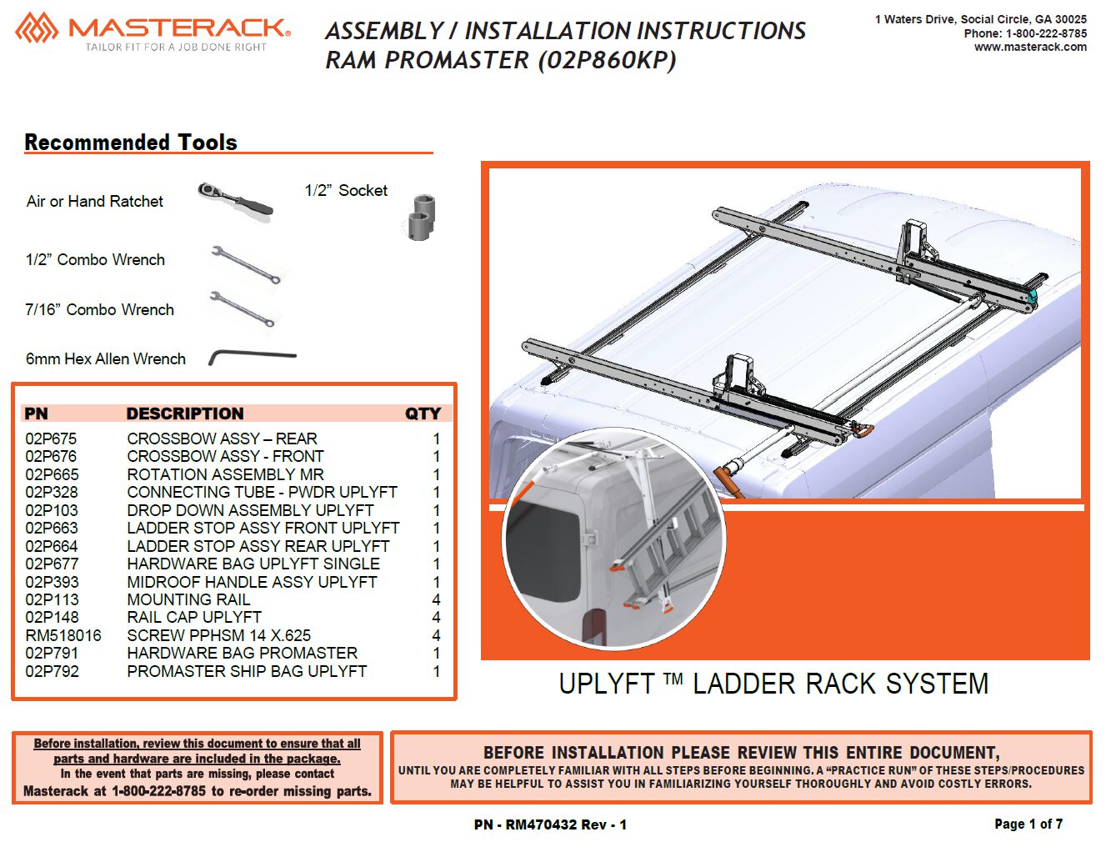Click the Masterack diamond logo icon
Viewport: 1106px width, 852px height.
(37, 28)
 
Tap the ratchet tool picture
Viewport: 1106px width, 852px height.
(235, 201)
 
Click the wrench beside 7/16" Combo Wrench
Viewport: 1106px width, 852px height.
(243, 308)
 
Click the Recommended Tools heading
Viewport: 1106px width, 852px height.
(131, 142)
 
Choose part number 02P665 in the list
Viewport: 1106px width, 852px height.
(52, 474)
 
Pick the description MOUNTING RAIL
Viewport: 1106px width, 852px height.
(188, 599)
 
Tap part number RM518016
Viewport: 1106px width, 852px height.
(63, 635)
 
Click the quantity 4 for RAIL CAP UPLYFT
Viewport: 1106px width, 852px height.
(436, 618)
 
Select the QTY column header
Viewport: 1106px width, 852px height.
(423, 413)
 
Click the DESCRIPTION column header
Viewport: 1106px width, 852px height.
(185, 413)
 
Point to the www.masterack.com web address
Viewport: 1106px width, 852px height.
(1030, 47)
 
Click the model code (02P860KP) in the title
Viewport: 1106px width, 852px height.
(608, 60)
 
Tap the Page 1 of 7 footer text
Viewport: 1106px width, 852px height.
(1028, 824)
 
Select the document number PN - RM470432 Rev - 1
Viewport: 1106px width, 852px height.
(550, 824)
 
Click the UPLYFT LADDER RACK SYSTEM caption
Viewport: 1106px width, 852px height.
(773, 683)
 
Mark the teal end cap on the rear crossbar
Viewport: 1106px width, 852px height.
(1032, 298)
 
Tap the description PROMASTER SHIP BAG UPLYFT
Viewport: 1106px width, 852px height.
(247, 671)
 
